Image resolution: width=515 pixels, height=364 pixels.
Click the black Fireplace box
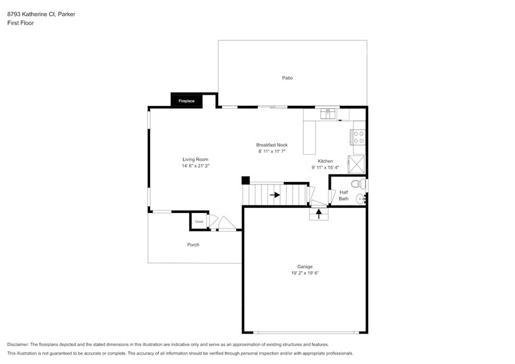coord(186,100)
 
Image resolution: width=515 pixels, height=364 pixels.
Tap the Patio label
coord(287,78)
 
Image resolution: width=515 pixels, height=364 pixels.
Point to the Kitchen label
coord(325,161)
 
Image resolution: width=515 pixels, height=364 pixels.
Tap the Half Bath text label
coord(343,196)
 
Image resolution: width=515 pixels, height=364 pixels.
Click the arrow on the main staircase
coord(274,195)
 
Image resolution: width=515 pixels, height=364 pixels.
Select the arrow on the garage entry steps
coord(319,214)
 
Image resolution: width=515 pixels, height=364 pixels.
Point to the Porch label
coord(193,245)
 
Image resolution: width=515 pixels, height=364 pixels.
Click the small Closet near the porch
coord(199,222)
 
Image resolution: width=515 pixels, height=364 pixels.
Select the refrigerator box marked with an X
coord(356,164)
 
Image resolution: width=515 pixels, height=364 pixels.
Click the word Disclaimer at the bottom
coord(18,344)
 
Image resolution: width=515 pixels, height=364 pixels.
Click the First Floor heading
coord(21,22)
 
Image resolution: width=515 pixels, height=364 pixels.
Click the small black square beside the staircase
coord(245,181)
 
